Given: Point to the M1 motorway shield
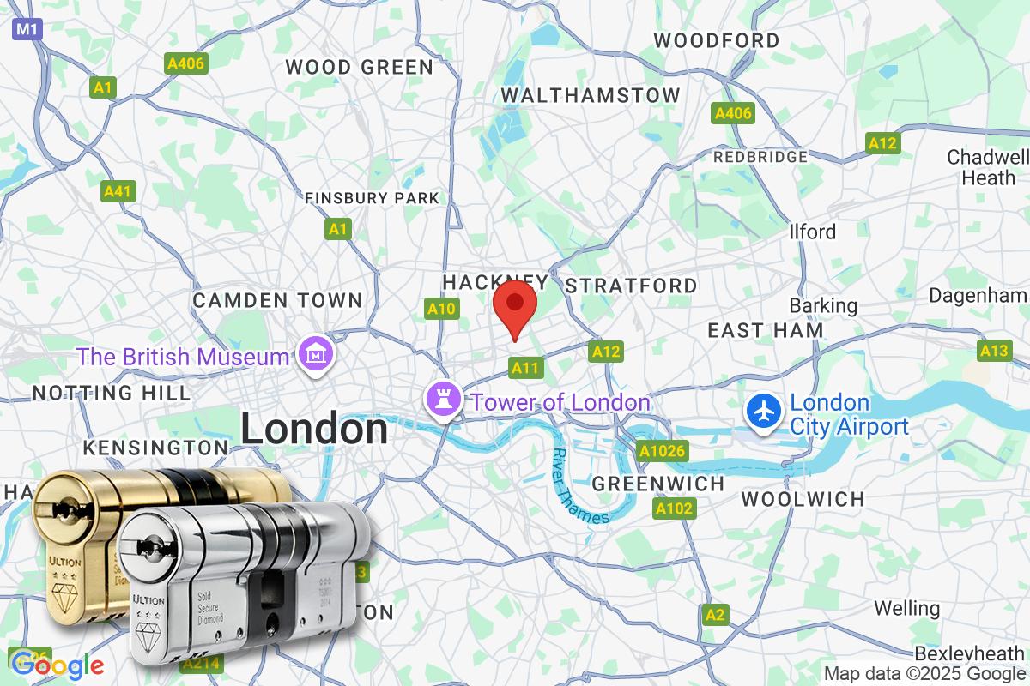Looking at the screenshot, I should (27, 30).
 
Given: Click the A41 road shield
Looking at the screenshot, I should (117, 190).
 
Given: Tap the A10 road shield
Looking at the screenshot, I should (441, 309).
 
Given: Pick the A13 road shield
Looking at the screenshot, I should (994, 350).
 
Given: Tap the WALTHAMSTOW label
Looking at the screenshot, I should (591, 95).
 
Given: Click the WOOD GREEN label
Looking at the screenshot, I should (360, 67).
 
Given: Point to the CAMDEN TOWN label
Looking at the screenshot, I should (277, 300).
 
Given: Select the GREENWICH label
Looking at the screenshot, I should (658, 484).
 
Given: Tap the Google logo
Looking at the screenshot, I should (57, 665).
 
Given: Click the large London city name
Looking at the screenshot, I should (313, 429).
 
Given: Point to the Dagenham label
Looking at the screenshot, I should (978, 295).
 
